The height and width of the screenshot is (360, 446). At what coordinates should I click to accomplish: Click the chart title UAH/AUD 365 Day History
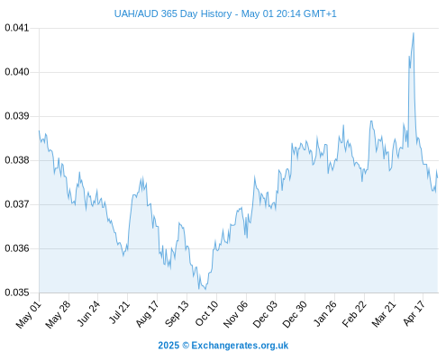pos(173,13)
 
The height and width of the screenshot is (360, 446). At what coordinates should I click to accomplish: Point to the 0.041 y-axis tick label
pos(17,28)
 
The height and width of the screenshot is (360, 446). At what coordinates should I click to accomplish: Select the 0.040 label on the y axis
pos(17,72)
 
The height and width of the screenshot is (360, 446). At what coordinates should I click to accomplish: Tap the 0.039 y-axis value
pos(17,116)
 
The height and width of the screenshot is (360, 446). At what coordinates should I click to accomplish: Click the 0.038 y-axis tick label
pos(17,160)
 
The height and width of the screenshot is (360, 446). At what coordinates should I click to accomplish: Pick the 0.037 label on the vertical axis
pos(17,204)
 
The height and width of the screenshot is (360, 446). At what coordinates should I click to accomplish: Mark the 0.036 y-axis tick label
pos(17,248)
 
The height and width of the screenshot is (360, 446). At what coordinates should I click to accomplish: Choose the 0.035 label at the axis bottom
pos(17,292)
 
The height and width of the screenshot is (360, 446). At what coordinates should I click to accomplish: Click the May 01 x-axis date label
pos(29,315)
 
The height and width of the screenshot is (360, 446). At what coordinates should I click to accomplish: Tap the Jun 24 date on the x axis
pos(88,313)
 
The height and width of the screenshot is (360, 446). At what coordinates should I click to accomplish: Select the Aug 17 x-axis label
pos(147,314)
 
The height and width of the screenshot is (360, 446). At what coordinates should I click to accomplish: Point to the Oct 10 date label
pos(206,313)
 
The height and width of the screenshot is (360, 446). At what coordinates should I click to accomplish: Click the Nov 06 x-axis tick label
pos(236,314)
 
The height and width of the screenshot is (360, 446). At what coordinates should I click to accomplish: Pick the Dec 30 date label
pos(296,314)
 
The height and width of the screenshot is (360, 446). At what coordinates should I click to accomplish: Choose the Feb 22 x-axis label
pos(354,314)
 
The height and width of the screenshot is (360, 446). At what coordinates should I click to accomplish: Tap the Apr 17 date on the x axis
pos(414,313)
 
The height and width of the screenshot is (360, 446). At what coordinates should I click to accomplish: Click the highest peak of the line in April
pos(414,33)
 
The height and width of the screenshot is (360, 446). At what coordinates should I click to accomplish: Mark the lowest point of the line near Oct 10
pos(205,289)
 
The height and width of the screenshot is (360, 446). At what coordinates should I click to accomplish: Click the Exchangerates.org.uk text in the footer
pos(240,346)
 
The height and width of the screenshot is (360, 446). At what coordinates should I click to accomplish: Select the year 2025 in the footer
pos(168,346)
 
